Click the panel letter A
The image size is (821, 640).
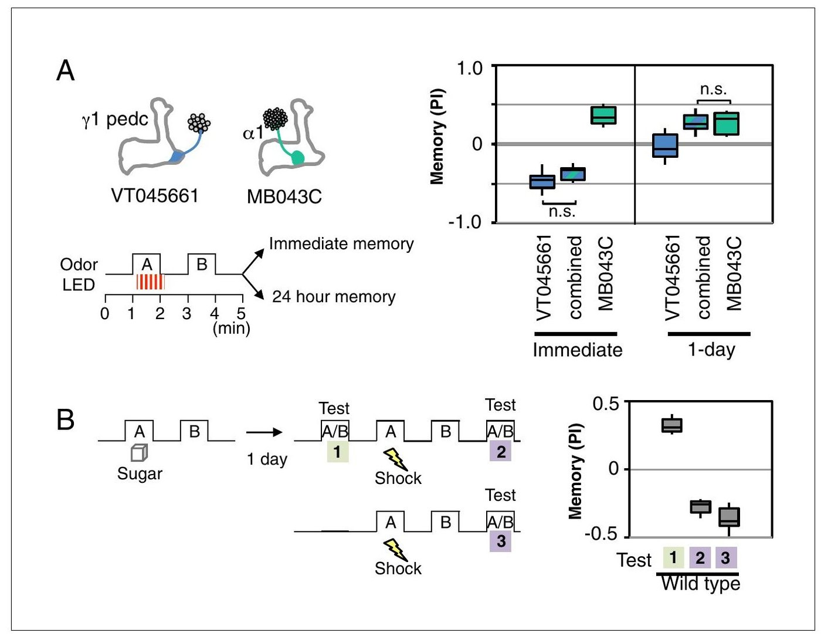(x=65, y=70)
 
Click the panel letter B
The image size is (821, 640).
(x=65, y=420)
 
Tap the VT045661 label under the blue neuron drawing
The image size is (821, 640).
(x=155, y=196)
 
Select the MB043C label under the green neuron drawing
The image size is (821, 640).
(x=284, y=197)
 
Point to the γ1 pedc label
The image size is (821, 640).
(x=116, y=120)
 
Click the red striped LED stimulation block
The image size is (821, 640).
(x=150, y=282)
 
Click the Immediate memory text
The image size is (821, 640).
(x=341, y=244)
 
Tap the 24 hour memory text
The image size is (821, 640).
(x=334, y=297)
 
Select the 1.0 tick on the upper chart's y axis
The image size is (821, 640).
(x=470, y=69)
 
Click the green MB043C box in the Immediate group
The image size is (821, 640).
(x=603, y=115)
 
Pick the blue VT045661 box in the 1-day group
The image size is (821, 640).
(x=665, y=145)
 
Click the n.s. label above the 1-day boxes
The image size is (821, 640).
(x=713, y=89)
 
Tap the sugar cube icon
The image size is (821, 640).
(x=139, y=453)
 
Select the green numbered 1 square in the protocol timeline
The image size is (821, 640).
(x=337, y=452)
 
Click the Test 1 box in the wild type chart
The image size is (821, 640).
(x=672, y=425)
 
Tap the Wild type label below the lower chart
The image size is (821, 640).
(x=700, y=584)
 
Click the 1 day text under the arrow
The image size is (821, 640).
(x=267, y=459)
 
